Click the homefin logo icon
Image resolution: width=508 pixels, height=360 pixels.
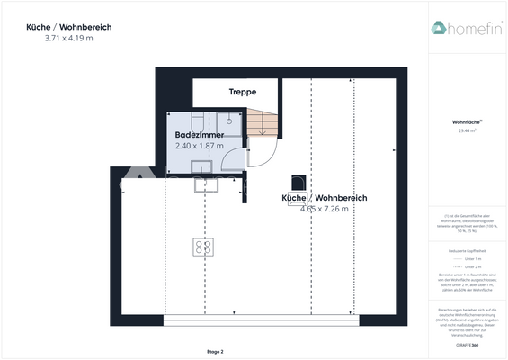(440, 28)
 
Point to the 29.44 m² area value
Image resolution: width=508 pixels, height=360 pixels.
(467, 131)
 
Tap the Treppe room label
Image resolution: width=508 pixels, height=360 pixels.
(242, 92)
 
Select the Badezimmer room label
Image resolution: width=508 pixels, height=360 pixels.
(199, 135)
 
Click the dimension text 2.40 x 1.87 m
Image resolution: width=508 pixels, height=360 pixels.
(199, 145)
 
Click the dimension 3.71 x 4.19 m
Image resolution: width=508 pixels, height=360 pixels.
(68, 39)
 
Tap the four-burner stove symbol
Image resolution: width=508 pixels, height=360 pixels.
(202, 246)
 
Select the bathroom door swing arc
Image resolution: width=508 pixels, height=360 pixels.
(234, 160)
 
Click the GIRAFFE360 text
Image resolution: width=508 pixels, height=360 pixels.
(467, 346)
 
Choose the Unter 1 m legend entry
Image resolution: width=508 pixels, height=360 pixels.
(467, 258)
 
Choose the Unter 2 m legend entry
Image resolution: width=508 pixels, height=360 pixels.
(467, 266)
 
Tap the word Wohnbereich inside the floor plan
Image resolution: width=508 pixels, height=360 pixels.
(340, 197)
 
